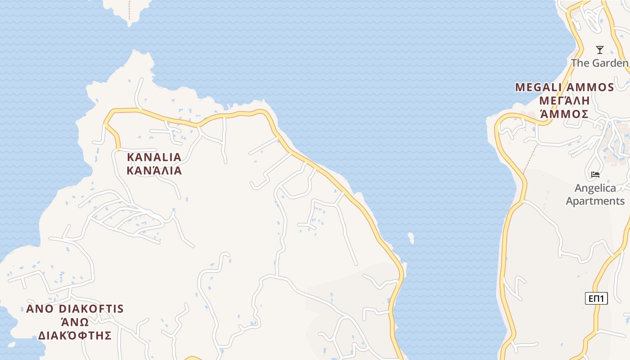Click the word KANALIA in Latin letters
coord(154,157)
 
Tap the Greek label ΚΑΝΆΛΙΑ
coord(154,171)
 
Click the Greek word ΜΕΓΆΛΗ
coord(564,100)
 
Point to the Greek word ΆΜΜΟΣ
coord(564,114)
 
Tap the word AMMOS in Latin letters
coord(591,87)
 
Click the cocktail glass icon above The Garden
coord(599,49)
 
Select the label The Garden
coord(600,63)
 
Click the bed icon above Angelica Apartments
coord(595,174)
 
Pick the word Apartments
coord(595,201)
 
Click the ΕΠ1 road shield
coord(596,298)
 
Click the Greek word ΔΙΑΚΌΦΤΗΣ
coord(75,335)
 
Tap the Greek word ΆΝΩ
coord(75,322)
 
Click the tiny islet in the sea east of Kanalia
coord(411,238)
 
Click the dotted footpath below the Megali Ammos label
coord(531,158)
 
